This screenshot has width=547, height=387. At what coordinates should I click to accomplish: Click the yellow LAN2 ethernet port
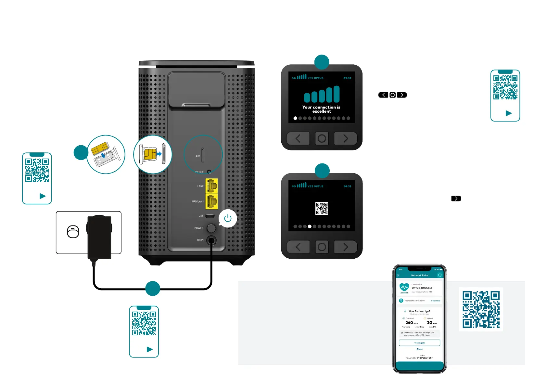(x=211, y=186)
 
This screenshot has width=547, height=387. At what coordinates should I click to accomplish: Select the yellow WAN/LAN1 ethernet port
(x=211, y=201)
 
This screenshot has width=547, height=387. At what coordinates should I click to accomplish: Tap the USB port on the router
(x=210, y=216)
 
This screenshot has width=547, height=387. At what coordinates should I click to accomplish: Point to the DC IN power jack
(x=211, y=240)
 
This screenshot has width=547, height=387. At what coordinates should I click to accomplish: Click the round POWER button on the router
(x=211, y=228)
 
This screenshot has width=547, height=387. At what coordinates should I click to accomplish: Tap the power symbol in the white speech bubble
(x=228, y=218)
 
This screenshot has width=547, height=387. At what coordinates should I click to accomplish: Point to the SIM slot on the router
(x=203, y=155)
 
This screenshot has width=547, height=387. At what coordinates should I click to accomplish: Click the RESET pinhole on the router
(x=209, y=172)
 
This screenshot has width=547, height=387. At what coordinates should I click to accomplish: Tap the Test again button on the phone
(x=419, y=343)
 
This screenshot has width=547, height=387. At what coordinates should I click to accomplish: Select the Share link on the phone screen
(x=419, y=349)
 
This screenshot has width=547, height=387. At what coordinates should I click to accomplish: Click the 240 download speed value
(x=409, y=323)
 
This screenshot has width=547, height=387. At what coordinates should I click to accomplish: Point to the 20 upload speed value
(x=429, y=323)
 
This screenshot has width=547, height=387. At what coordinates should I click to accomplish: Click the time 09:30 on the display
(x=347, y=78)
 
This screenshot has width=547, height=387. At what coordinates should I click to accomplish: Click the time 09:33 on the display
(x=347, y=186)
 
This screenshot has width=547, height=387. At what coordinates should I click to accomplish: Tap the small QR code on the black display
(x=322, y=208)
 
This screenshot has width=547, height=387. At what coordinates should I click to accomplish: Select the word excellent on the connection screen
(x=322, y=111)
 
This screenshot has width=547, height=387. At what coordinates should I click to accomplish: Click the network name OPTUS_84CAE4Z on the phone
(x=422, y=288)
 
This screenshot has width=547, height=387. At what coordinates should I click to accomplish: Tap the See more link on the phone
(x=436, y=301)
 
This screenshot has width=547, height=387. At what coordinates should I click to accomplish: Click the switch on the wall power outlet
(x=73, y=232)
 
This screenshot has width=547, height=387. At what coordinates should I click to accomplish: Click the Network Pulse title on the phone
(x=420, y=275)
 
